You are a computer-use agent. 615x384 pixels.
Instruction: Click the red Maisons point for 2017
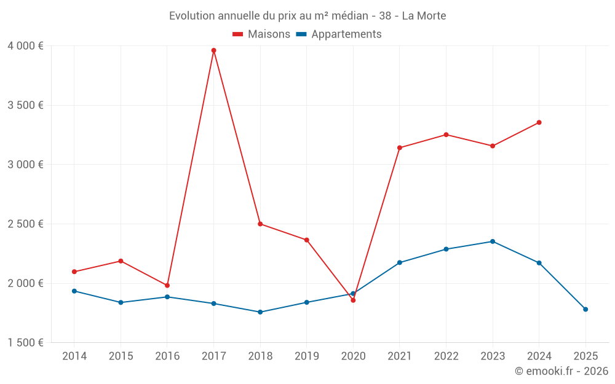click(x=213, y=50)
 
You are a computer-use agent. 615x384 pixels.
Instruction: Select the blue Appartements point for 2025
click(x=585, y=309)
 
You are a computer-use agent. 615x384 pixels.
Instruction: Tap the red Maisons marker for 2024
click(x=539, y=122)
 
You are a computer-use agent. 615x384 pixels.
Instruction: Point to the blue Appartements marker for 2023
click(x=493, y=241)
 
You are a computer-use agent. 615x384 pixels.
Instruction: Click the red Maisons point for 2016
click(x=167, y=285)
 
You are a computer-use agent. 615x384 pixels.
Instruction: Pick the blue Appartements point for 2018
click(x=260, y=312)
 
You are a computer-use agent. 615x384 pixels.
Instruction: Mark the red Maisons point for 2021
click(x=400, y=147)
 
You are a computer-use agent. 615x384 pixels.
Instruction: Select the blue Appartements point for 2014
click(x=74, y=291)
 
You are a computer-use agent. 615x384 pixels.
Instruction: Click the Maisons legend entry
click(x=261, y=34)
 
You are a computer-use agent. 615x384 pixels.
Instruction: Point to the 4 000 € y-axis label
click(x=26, y=46)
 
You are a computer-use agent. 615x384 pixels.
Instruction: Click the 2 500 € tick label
click(x=26, y=224)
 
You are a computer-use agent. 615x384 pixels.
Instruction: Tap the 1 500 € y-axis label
click(x=26, y=343)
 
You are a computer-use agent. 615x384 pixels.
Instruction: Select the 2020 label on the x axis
click(x=353, y=356)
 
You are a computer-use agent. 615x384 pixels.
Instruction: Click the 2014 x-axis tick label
click(x=74, y=356)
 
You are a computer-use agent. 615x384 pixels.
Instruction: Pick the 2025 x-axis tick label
click(x=585, y=356)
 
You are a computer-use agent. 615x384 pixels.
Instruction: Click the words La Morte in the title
click(x=424, y=15)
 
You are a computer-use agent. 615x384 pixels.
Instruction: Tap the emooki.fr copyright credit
click(x=561, y=371)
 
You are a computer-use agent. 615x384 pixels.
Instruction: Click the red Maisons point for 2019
click(x=306, y=240)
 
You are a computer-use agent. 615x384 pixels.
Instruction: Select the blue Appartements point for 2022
click(x=446, y=249)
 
